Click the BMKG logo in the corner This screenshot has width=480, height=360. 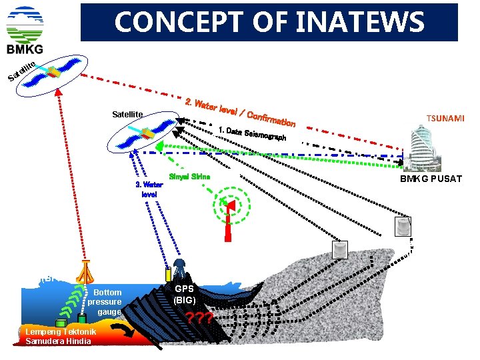click(25, 30)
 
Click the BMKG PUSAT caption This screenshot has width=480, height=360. click(431, 179)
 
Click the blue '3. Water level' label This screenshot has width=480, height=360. click(149, 189)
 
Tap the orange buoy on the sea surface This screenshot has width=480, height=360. click(85, 270)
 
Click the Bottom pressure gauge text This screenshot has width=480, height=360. click(106, 302)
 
